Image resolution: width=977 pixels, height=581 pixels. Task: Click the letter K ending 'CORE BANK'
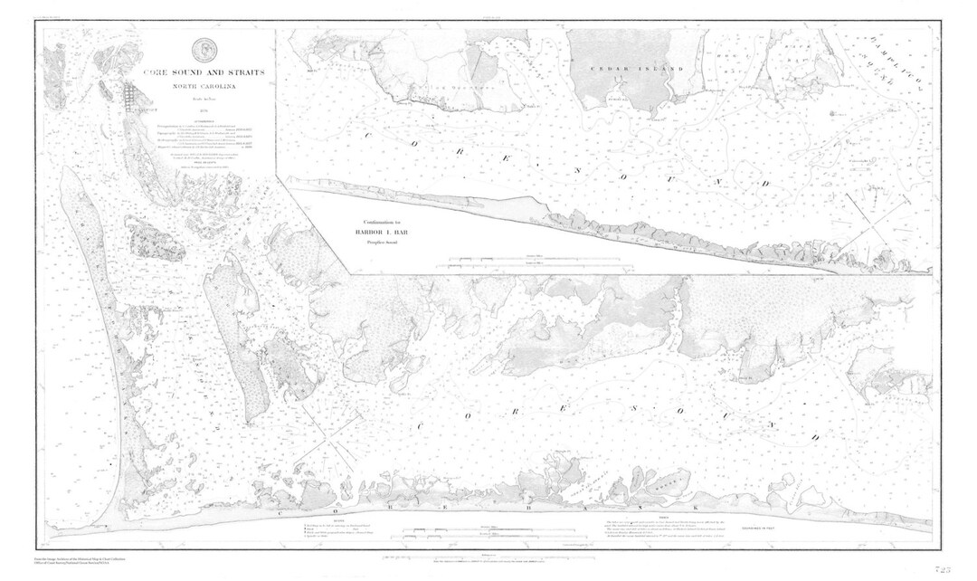point(694,510)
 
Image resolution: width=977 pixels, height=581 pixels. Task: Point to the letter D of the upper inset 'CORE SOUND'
point(764,185)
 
